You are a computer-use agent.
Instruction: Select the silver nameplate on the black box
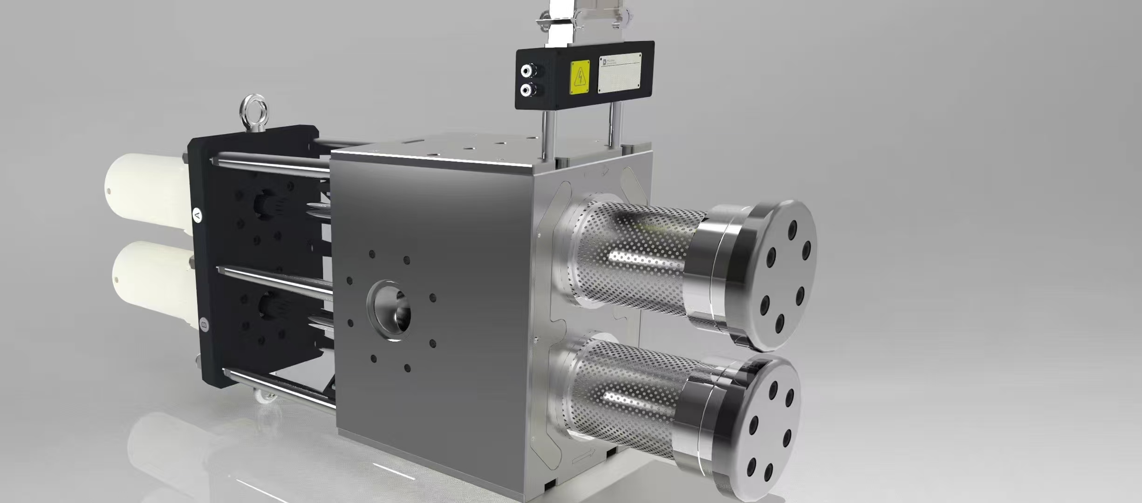(x=620, y=73)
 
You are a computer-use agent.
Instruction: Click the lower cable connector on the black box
(x=527, y=89)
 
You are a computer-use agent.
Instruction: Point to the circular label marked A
(x=198, y=215)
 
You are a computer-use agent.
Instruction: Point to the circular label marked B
(x=204, y=324)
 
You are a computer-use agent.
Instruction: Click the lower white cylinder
(x=154, y=284)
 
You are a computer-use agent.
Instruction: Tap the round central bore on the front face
(x=390, y=310)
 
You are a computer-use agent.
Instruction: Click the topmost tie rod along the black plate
(x=270, y=165)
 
